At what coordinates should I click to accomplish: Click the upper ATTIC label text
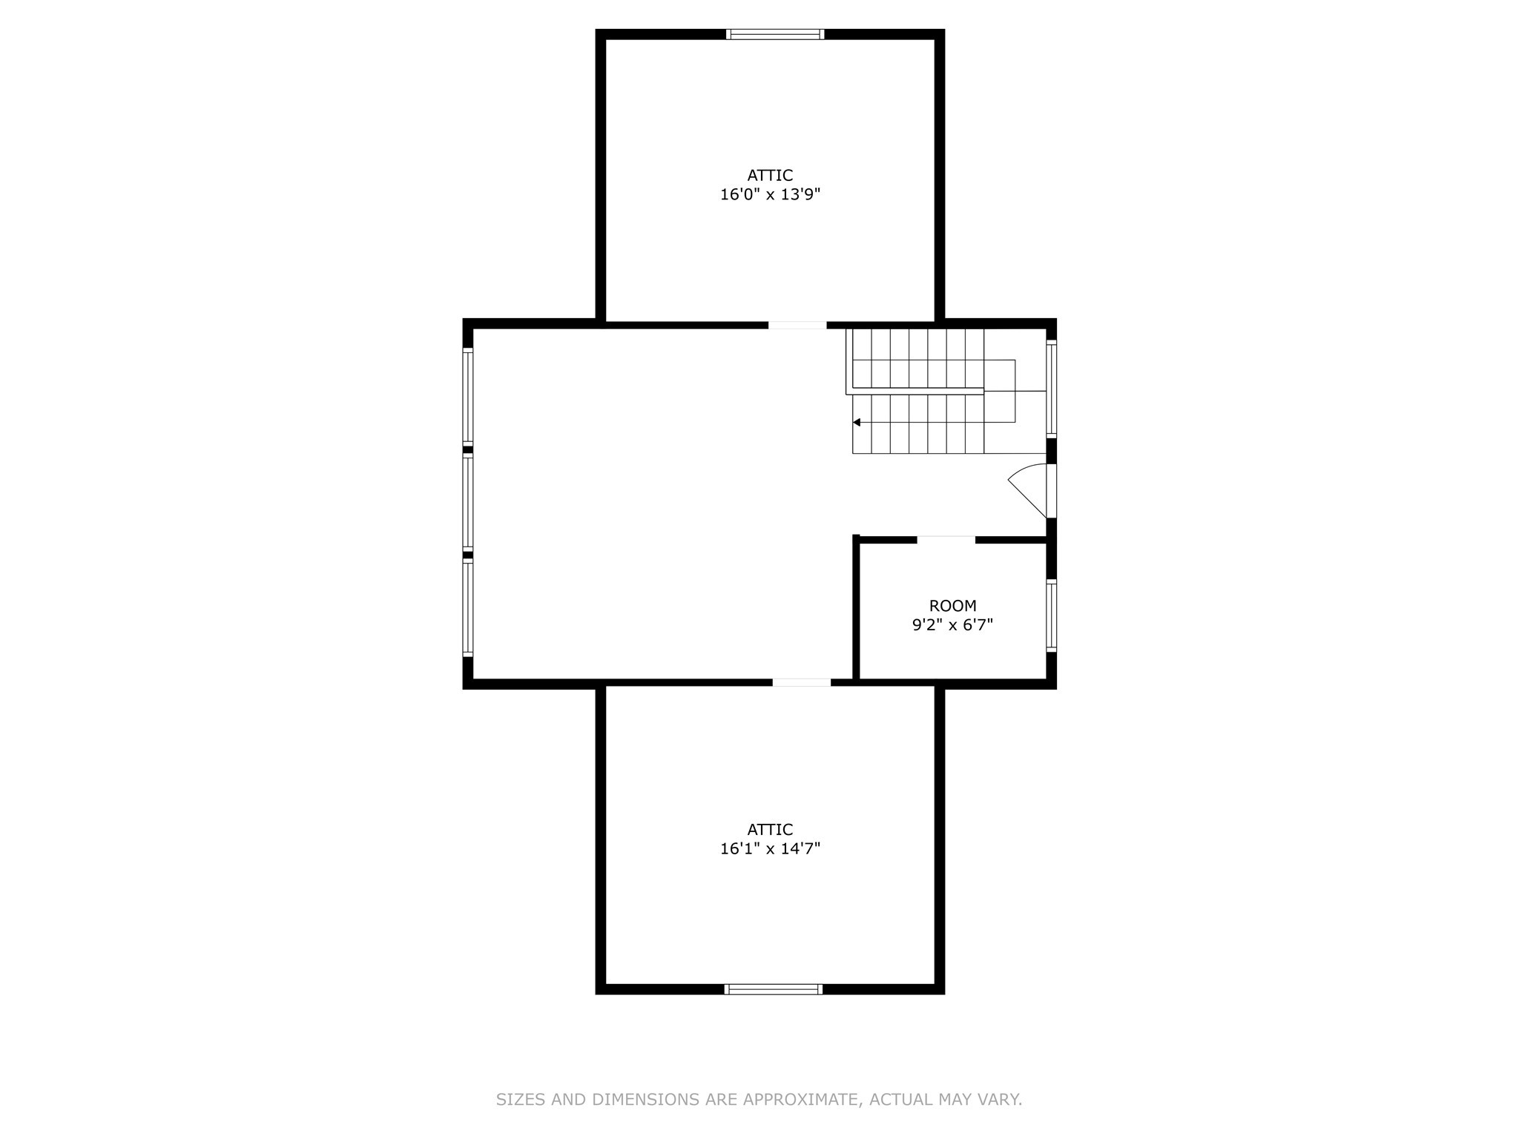(770, 176)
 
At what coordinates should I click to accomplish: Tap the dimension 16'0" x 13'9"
(770, 195)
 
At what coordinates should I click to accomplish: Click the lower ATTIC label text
(770, 830)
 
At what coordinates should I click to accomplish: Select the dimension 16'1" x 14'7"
(770, 849)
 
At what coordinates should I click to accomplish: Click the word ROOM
(952, 606)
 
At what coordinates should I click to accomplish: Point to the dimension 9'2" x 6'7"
(952, 625)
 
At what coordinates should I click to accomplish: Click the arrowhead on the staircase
(857, 422)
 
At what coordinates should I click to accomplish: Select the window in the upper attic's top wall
(774, 34)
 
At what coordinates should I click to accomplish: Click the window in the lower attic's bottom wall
(773, 989)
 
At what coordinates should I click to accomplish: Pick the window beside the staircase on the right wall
(1051, 389)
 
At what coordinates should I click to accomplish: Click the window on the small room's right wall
(1051, 616)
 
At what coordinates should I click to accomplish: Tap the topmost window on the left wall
(468, 396)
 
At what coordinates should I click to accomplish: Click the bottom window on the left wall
(468, 607)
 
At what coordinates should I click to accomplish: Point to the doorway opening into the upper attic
(797, 325)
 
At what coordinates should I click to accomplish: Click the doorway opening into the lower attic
(801, 682)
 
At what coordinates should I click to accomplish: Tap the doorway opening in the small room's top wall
(946, 540)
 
